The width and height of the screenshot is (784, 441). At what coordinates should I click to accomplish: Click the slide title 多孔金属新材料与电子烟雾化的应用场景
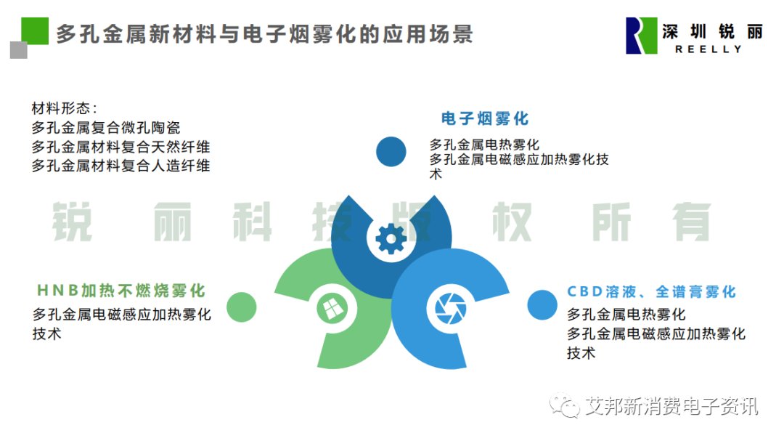(264, 34)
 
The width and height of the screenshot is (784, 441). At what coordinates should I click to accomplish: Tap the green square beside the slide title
(35, 31)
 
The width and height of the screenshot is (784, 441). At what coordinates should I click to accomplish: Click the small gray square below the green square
(18, 50)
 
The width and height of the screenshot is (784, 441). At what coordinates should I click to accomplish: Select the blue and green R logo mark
(641, 36)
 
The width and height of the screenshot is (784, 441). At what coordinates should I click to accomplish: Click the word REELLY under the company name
(709, 49)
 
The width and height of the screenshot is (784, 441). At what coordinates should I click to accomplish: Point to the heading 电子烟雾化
(484, 118)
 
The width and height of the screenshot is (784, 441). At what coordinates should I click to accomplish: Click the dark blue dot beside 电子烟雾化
(391, 152)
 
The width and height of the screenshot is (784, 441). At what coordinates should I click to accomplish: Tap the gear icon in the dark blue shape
(391, 239)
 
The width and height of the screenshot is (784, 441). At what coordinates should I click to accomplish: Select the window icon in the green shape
(332, 308)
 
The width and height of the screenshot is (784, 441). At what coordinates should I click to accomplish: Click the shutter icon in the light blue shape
(451, 308)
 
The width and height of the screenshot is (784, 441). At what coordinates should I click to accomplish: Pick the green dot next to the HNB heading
(242, 307)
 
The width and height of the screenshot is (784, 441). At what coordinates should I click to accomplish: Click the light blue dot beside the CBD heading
(542, 305)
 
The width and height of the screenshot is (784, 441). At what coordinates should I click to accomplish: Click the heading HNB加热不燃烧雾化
(121, 291)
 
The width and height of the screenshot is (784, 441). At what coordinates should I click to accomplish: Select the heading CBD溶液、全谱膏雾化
(651, 291)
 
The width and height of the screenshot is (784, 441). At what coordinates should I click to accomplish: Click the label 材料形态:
(64, 108)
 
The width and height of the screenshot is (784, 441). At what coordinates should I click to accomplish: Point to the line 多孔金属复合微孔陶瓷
(106, 128)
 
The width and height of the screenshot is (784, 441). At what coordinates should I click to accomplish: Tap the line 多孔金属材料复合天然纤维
(121, 147)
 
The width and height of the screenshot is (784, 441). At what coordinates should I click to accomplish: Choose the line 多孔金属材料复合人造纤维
(121, 166)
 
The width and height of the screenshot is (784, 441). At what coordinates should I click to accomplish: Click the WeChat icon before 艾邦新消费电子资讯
(565, 405)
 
